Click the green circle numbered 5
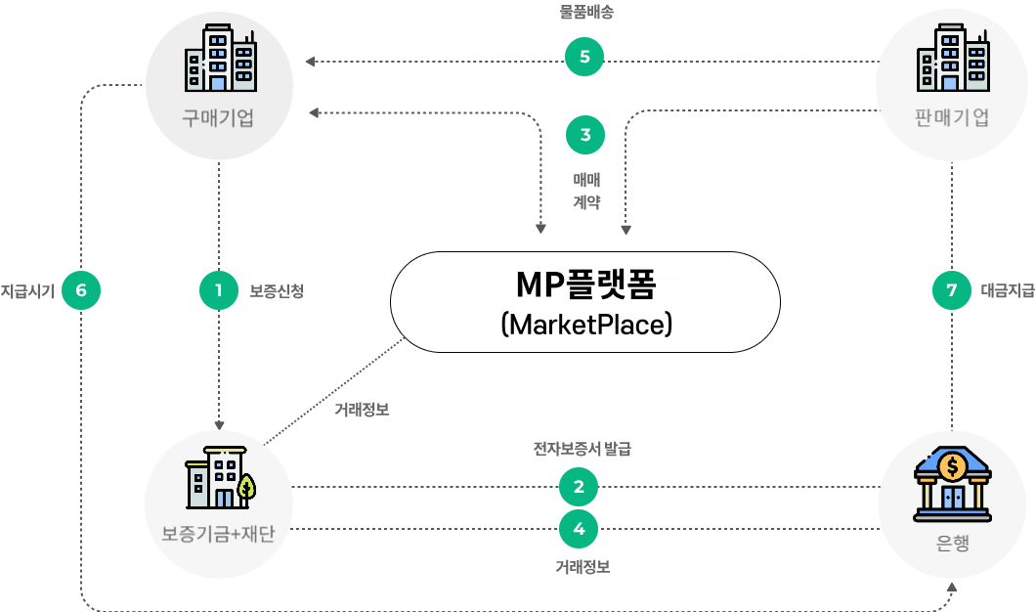pyautogui.click(x=584, y=57)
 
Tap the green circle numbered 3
pyautogui.click(x=585, y=135)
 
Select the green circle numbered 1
pyautogui.click(x=219, y=290)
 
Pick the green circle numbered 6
pyautogui.click(x=81, y=290)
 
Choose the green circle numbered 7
pyautogui.click(x=952, y=290)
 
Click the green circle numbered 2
pyautogui.click(x=579, y=486)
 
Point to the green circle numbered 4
pyautogui.click(x=579, y=529)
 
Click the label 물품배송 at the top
pyautogui.click(x=585, y=13)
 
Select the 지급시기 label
pyautogui.click(x=27, y=290)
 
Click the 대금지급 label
pyautogui.click(x=1006, y=290)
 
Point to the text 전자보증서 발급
pyautogui.click(x=582, y=450)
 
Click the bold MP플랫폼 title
pyautogui.click(x=584, y=284)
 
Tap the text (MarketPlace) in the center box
pyautogui.click(x=584, y=324)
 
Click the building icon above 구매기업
pyautogui.click(x=220, y=60)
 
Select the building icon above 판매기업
pyautogui.click(x=951, y=60)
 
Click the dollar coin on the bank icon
pyautogui.click(x=951, y=467)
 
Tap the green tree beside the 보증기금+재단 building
pyautogui.click(x=247, y=486)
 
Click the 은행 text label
pyautogui.click(x=952, y=544)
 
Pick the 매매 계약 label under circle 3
pyautogui.click(x=585, y=192)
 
